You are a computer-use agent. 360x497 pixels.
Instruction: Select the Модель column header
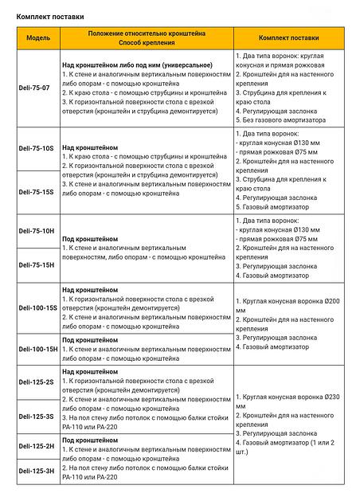tap(37, 37)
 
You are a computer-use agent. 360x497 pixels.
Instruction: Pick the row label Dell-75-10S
tap(37, 148)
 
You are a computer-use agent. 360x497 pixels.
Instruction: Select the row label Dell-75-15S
tap(37, 192)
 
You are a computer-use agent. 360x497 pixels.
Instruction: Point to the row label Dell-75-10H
tap(37, 231)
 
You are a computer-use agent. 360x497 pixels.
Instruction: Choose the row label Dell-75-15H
tap(37, 264)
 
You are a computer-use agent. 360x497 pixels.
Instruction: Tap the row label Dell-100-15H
tap(37, 348)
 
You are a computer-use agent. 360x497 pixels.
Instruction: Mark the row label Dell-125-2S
tap(37, 382)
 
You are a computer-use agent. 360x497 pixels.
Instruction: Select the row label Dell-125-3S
tap(37, 416)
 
